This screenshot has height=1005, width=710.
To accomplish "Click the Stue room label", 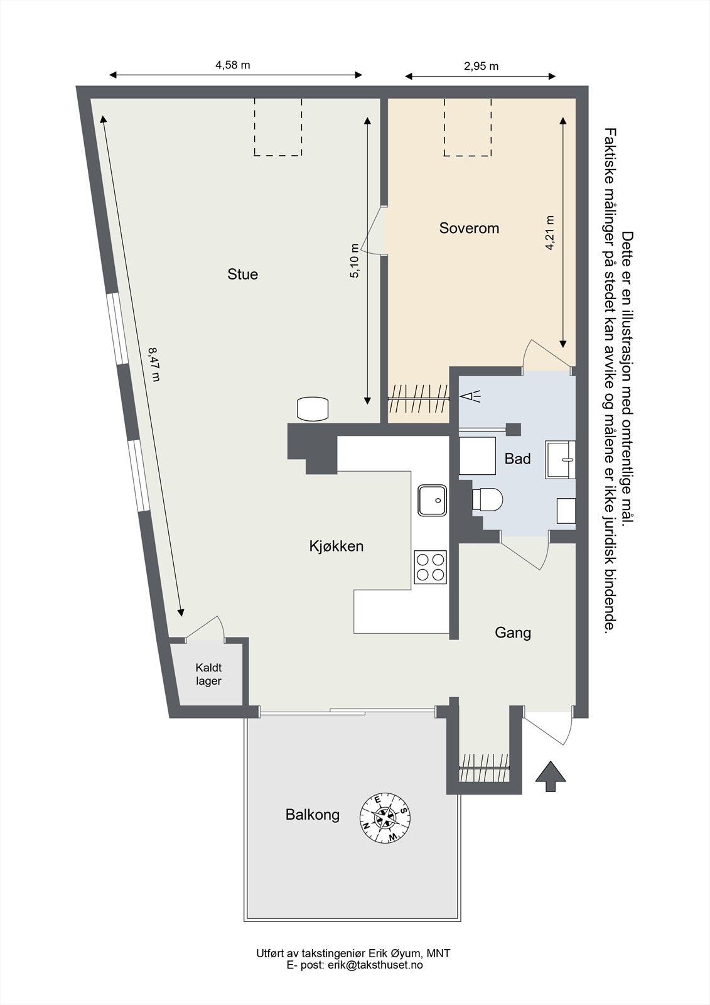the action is pyautogui.click(x=243, y=274).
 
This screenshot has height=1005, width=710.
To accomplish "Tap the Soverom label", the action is pyautogui.click(x=469, y=228).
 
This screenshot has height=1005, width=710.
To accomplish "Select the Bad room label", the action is pyautogui.click(x=517, y=459).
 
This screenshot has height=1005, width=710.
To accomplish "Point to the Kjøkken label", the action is pyautogui.click(x=336, y=546).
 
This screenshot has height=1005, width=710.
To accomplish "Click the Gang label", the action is pyautogui.click(x=513, y=633).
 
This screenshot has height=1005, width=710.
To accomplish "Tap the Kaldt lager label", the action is pyautogui.click(x=208, y=675).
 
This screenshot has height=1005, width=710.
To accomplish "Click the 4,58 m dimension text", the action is pyautogui.click(x=233, y=65).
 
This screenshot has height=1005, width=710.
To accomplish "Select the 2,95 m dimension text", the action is pyautogui.click(x=481, y=67).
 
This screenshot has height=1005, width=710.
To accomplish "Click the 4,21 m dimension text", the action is pyautogui.click(x=550, y=233).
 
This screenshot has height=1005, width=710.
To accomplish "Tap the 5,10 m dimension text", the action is pyautogui.click(x=355, y=261).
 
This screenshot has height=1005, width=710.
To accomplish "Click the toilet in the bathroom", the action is pyautogui.click(x=488, y=499).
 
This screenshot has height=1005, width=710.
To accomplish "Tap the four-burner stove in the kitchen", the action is pyautogui.click(x=430, y=567).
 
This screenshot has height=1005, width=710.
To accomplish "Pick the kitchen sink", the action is pyautogui.click(x=433, y=500).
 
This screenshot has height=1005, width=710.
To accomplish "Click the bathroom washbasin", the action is pyautogui.click(x=561, y=460).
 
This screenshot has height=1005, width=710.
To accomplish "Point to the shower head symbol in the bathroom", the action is pyautogui.click(x=471, y=396).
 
